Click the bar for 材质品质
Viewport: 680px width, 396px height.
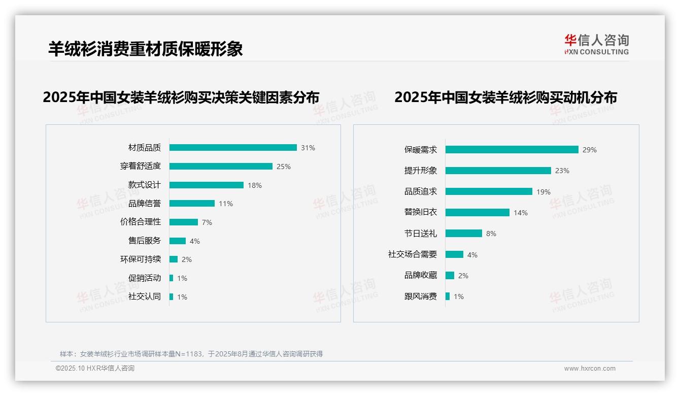(233, 148)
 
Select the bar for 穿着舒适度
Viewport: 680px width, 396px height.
(221, 167)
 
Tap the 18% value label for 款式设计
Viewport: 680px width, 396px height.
(255, 185)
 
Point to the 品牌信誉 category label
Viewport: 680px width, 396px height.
(145, 204)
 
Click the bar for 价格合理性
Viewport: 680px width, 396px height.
(184, 222)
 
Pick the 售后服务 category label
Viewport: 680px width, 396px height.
(145, 241)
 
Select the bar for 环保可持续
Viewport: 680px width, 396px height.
(174, 259)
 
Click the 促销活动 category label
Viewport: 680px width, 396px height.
(145, 278)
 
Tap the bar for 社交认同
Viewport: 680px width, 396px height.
(172, 296)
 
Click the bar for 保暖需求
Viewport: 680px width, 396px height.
(512, 150)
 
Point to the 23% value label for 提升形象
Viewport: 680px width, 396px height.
(562, 171)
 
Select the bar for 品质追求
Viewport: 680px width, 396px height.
(489, 191)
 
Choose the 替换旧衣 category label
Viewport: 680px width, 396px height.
(421, 213)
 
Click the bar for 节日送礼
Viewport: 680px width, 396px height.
(464, 234)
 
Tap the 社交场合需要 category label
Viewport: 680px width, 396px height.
(413, 254)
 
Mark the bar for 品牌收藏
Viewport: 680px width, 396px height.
(450, 276)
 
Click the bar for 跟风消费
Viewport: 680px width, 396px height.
(448, 296)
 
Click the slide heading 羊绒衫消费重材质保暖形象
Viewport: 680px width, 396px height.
(146, 49)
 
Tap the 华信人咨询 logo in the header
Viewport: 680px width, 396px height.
(596, 45)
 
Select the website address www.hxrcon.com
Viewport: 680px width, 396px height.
(590, 369)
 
